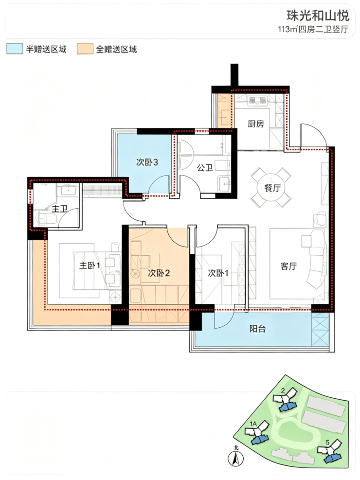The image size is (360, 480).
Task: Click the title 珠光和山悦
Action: tap(318, 15)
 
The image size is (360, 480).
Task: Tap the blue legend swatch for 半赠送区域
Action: tap(15, 49)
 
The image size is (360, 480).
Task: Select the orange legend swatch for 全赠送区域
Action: tap(85, 49)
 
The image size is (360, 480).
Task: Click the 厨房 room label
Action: tap(255, 124)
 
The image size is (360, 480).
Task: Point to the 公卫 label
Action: tap(205, 167)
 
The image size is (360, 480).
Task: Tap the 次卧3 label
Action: tap(147, 162)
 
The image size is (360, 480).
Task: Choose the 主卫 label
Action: tap(59, 209)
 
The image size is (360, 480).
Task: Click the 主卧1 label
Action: tap(90, 265)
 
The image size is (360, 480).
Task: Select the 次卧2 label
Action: tap(159, 273)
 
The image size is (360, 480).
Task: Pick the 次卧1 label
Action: tap(218, 273)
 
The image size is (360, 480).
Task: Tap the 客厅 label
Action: tap(288, 266)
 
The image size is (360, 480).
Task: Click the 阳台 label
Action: tap(257, 329)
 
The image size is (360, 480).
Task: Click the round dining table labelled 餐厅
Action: tap(271, 187)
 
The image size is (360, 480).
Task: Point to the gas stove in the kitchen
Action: tap(258, 100)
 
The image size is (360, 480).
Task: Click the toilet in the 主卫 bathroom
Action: tap(47, 218)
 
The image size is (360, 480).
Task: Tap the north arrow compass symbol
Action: tap(236, 458)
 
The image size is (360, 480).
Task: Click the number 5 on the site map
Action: tap(327, 443)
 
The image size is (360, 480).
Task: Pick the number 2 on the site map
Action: tap(283, 391)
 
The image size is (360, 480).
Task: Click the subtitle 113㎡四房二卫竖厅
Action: tap(313, 29)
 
